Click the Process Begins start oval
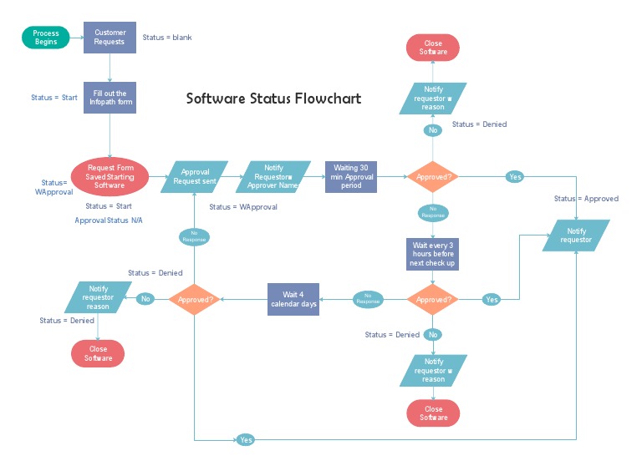click(47, 38)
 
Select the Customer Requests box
click(110, 38)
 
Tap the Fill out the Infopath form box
click(110, 98)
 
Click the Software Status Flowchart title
click(273, 99)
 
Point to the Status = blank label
click(167, 38)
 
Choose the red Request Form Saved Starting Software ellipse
click(110, 176)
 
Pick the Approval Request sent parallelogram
click(195, 176)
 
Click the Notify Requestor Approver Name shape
click(273, 176)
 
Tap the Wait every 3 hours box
click(432, 254)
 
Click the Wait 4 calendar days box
click(293, 299)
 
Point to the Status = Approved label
click(586, 199)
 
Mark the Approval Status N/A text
click(109, 220)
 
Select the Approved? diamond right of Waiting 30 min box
click(432, 177)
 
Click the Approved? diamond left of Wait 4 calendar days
click(195, 299)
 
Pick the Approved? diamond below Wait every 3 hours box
click(432, 299)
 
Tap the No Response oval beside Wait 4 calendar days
click(368, 299)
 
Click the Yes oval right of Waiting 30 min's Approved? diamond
click(515, 177)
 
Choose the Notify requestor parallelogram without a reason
click(576, 236)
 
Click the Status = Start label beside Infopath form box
click(54, 98)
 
